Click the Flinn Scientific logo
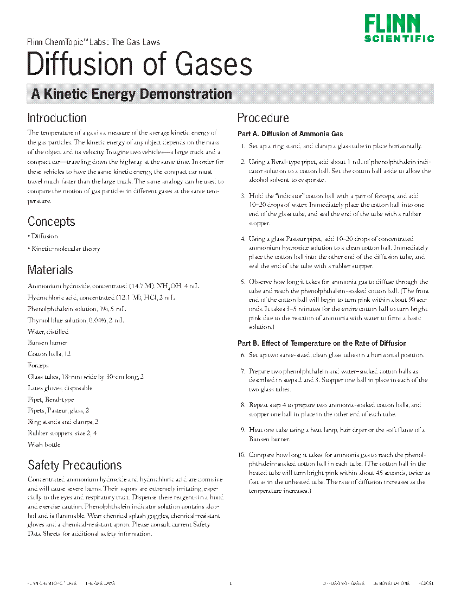tap(399, 28)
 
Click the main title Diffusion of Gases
tap(139, 64)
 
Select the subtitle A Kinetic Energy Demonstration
tap(131, 94)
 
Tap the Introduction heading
tap(57, 118)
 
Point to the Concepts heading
tap(51, 221)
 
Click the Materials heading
tap(50, 270)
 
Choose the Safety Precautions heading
tap(75, 465)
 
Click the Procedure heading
tap(263, 118)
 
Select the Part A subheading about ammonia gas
tap(290, 134)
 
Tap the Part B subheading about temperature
tap(322, 343)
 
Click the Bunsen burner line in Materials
tap(48, 342)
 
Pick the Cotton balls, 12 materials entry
tap(49, 354)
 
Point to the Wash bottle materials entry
tap(44, 444)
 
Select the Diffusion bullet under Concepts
tap(44, 237)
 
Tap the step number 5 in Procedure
tap(243, 282)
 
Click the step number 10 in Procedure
tap(241, 454)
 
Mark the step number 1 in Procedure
tap(243, 146)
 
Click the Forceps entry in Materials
tap(38, 365)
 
